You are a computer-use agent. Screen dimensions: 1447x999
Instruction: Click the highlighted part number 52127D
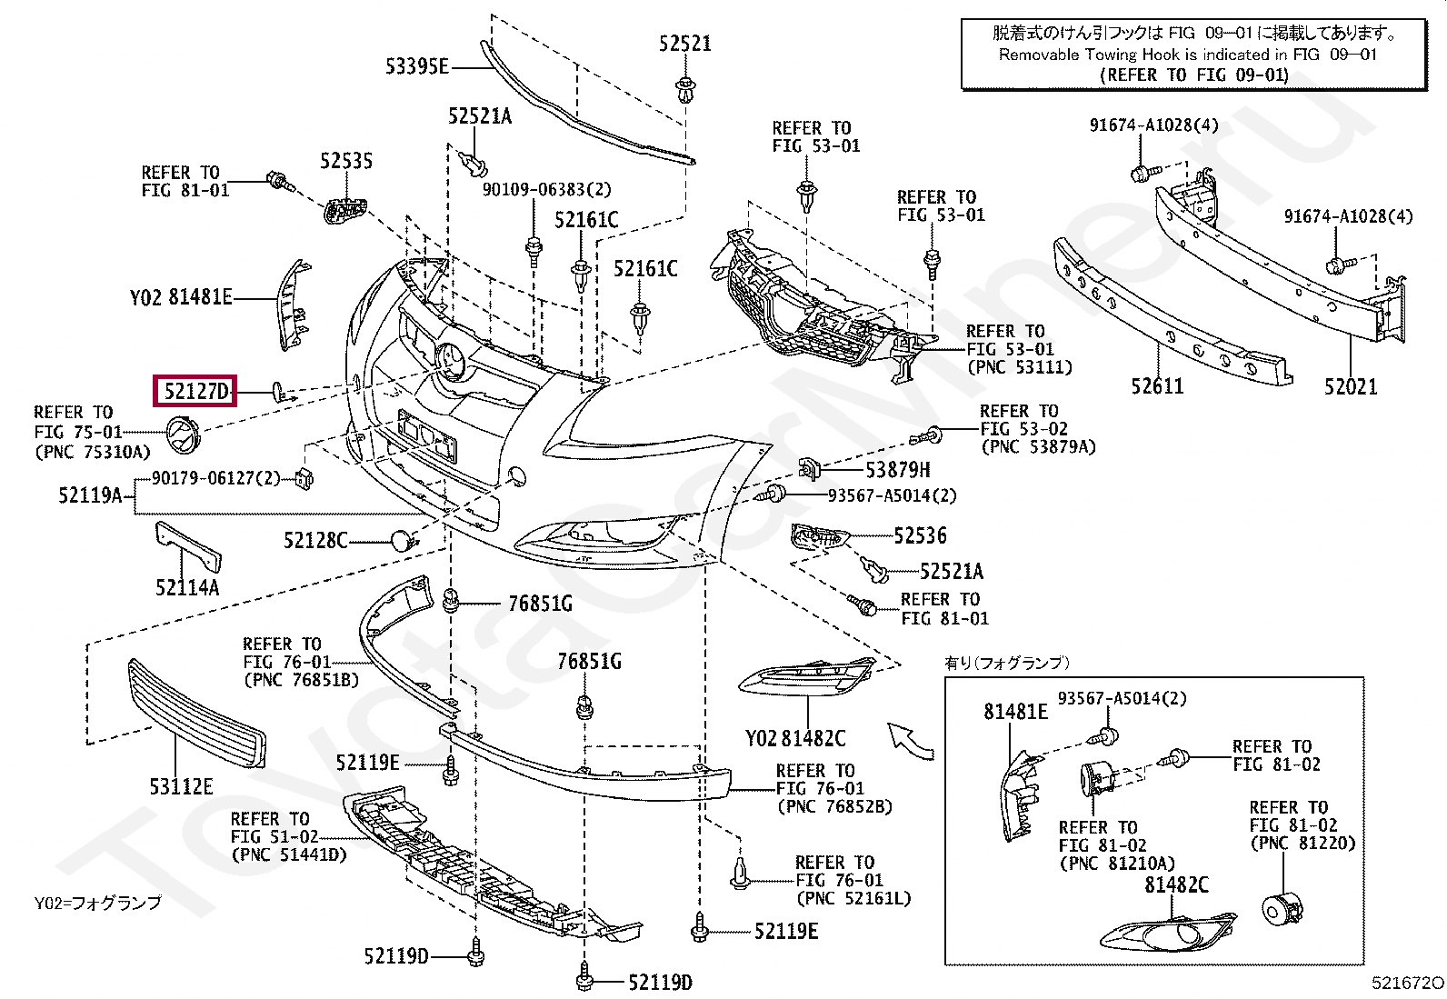(195, 391)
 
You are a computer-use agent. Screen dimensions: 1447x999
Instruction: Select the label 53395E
(416, 66)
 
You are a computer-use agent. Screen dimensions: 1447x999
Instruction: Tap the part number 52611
(1157, 386)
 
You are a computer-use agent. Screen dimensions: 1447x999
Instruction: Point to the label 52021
(1351, 386)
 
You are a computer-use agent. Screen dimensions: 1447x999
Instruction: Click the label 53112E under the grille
(181, 786)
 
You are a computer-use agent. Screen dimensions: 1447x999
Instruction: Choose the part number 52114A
(187, 587)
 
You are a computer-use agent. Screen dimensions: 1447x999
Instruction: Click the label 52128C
(315, 540)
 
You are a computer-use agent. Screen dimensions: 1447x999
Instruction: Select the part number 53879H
(898, 470)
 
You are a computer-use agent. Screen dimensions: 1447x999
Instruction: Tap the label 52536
(921, 535)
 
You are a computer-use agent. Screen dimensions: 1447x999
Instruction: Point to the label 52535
(346, 160)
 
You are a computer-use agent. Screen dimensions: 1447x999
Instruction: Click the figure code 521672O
(1407, 983)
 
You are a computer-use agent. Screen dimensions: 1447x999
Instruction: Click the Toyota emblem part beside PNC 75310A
(185, 435)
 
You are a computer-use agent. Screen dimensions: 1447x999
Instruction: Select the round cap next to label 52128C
(403, 540)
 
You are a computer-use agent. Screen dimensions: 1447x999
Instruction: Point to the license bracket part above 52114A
(188, 546)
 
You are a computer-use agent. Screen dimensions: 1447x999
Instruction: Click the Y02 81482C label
(795, 738)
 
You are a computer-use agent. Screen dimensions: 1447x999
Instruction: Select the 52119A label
(90, 495)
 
